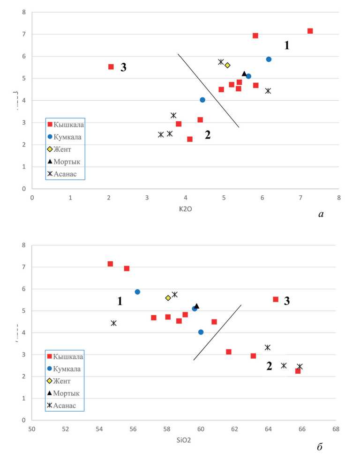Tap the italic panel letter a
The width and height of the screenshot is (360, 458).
coord(321,214)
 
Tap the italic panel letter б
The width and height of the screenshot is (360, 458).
coord(320,447)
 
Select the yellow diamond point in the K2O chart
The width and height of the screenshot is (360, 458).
coord(227,65)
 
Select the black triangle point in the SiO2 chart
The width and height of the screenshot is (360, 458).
coord(197,306)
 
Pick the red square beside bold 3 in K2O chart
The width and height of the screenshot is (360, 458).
coord(111,67)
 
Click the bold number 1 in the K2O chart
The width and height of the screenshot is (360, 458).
coord(287,45)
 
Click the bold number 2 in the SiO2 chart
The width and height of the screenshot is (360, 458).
coord(269,366)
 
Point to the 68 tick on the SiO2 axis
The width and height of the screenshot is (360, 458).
coord(336,429)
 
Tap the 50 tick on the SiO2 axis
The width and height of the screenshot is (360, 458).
coord(32,429)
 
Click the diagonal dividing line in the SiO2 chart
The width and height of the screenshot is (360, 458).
coord(217,332)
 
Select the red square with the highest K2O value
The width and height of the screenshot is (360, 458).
coord(310,31)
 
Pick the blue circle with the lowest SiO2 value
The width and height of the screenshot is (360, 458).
coord(137,292)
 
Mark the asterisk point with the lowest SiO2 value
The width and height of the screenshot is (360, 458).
coord(113,323)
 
